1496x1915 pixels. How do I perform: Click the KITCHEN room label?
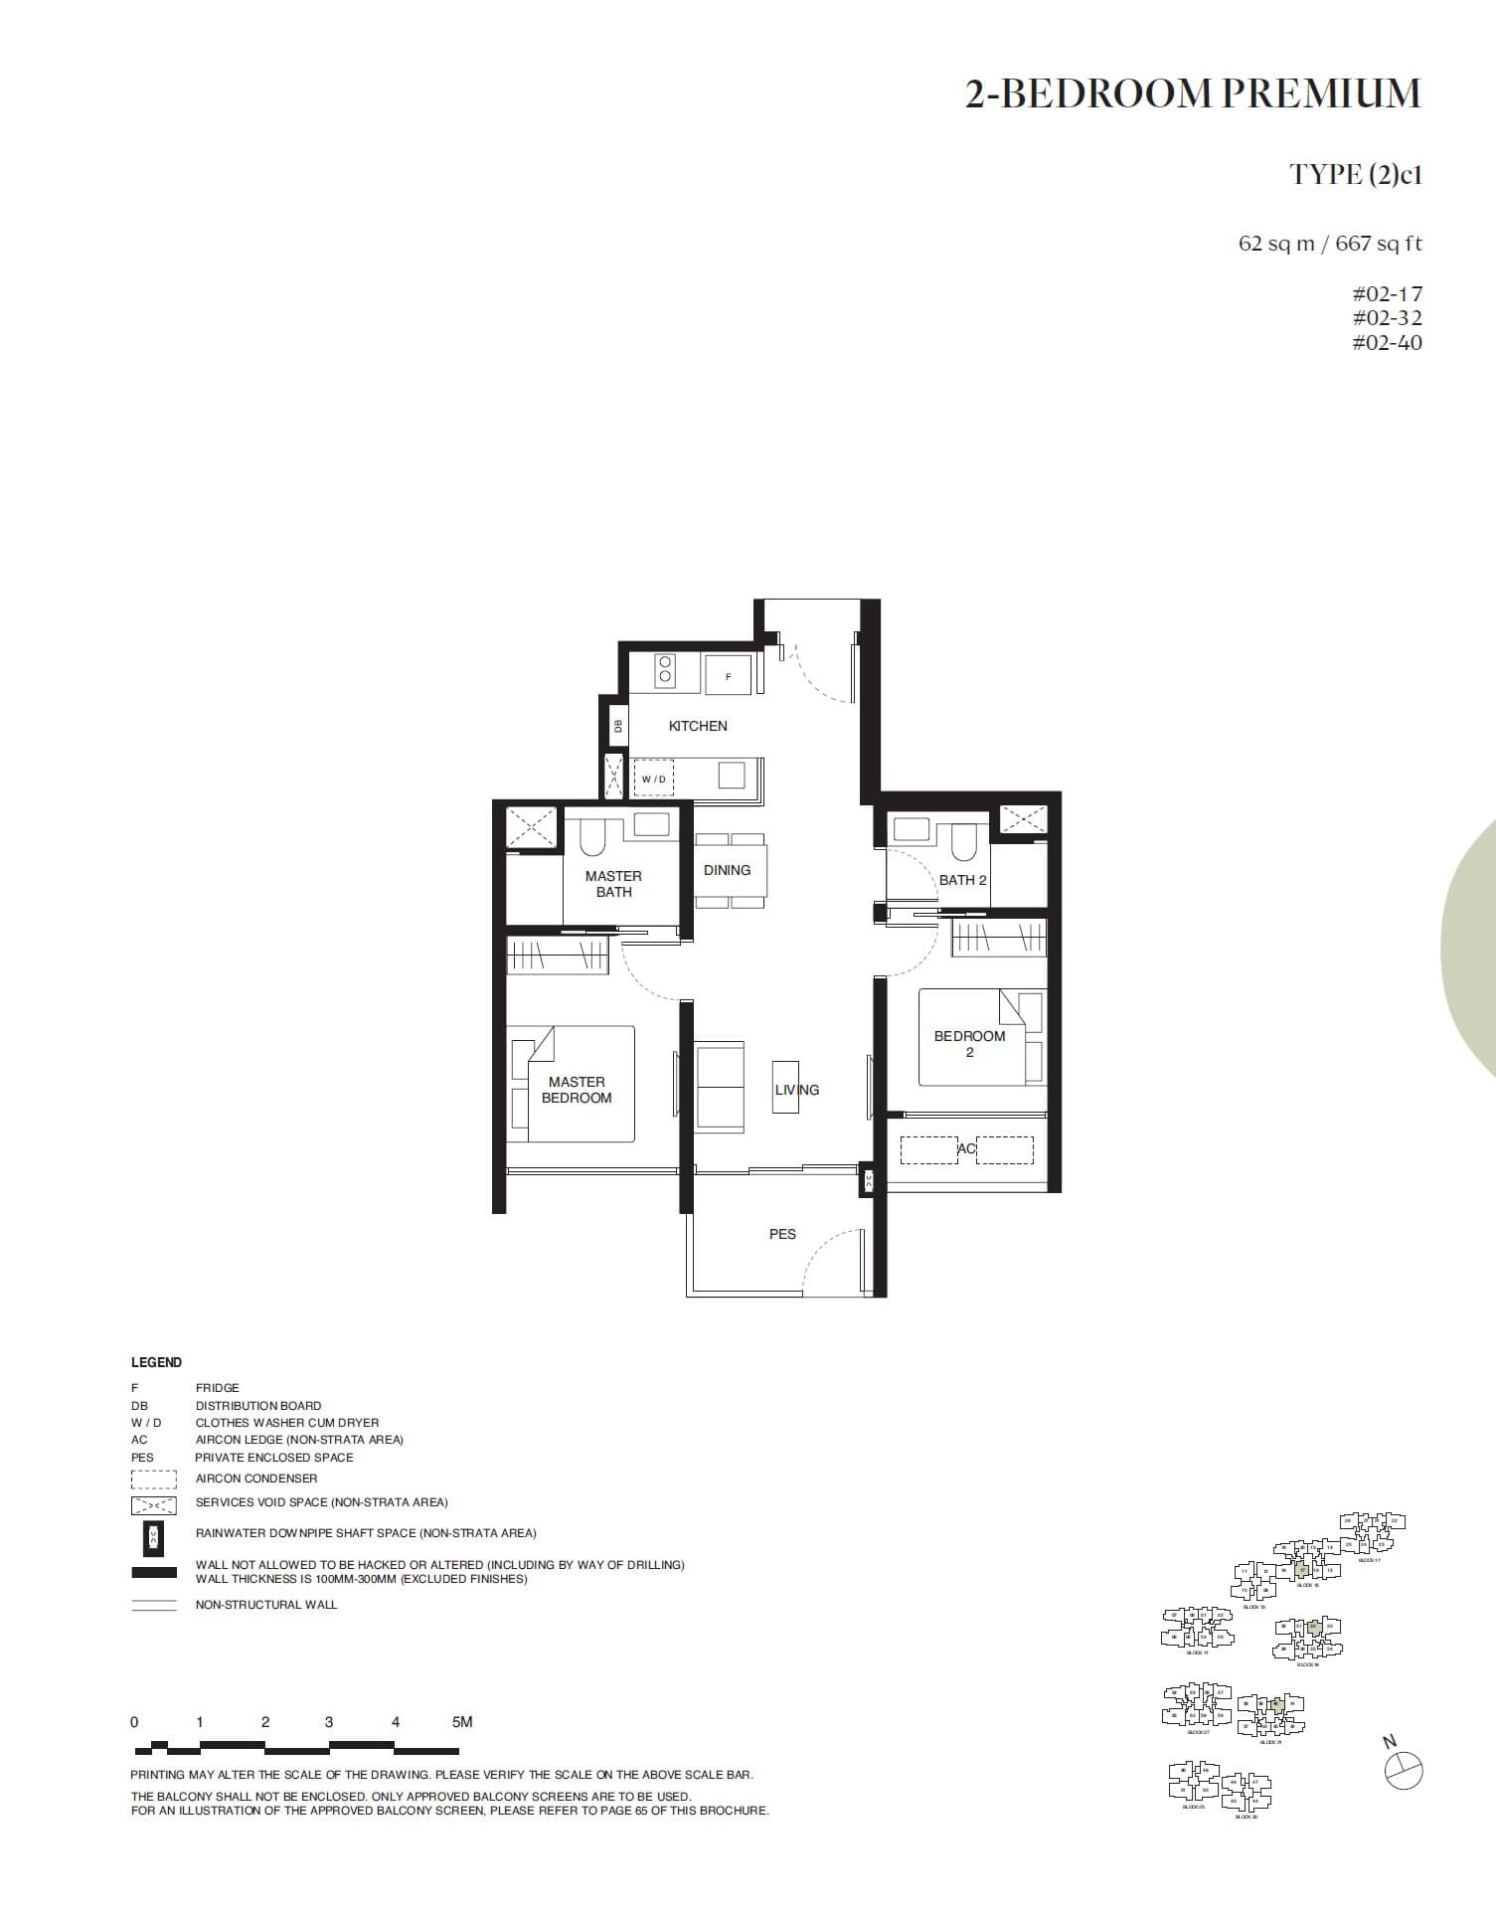[x=698, y=726]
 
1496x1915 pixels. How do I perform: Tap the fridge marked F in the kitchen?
[x=728, y=675]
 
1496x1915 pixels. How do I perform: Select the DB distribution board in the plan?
[x=617, y=726]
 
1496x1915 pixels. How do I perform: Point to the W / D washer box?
[x=654, y=779]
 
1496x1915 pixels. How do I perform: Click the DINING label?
[x=727, y=870]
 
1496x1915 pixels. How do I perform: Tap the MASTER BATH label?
[x=613, y=884]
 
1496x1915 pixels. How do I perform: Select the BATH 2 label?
[x=962, y=880]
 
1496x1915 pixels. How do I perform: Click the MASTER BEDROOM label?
[x=577, y=1090]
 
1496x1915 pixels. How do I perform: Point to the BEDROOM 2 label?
[x=969, y=1043]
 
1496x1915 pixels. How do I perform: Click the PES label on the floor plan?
[x=782, y=1234]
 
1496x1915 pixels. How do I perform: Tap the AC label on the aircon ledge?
[x=966, y=1148]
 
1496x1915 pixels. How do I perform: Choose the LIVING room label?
[x=797, y=1090]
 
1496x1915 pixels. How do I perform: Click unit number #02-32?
[x=1387, y=318]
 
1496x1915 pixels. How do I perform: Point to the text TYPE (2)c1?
[x=1356, y=175]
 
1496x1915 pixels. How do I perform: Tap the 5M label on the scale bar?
[x=462, y=1722]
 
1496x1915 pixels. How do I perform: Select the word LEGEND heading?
[x=157, y=1362]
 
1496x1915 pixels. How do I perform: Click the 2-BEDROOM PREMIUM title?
[x=1193, y=93]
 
